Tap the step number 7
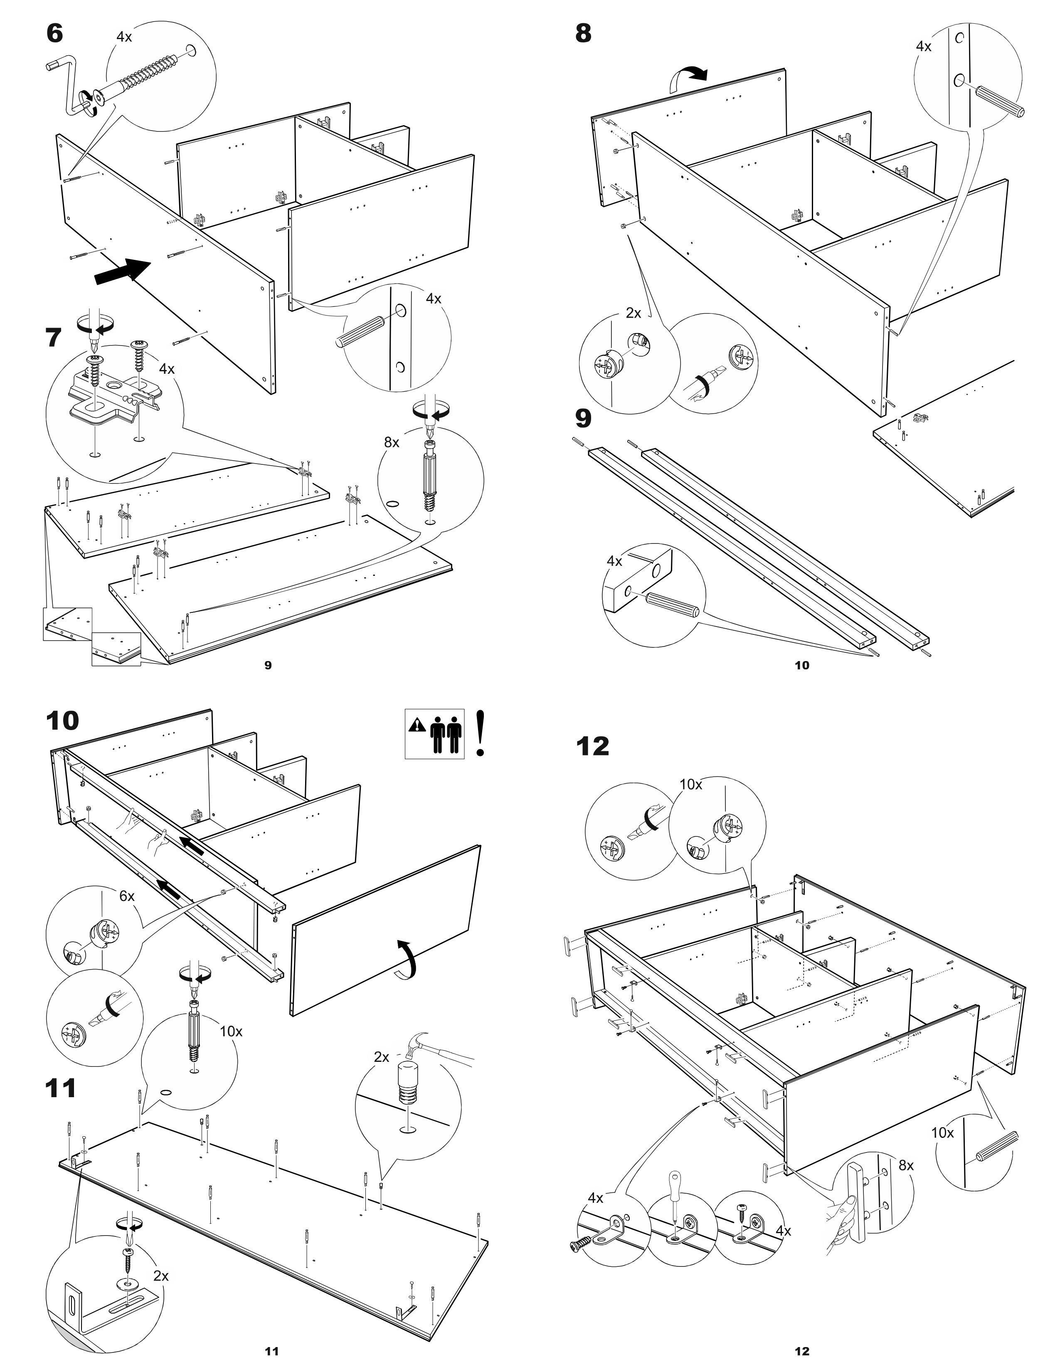pos(54,338)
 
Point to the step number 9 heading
pos(583,418)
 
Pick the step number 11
pos(61,1088)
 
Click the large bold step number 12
pos(593,746)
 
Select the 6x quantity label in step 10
pos(127,896)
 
